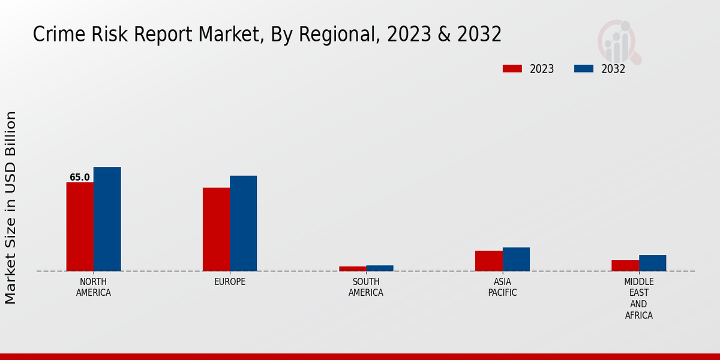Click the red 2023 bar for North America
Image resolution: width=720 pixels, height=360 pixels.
(x=80, y=226)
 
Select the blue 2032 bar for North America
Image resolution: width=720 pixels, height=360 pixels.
(x=107, y=219)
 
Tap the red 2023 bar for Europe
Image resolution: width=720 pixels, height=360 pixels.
(x=216, y=229)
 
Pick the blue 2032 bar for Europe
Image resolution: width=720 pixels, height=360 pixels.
(x=243, y=223)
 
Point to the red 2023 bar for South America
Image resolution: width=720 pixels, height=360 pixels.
(x=352, y=268)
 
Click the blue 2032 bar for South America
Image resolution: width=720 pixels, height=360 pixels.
(x=380, y=268)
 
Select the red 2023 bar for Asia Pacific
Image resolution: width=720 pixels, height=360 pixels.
(x=488, y=260)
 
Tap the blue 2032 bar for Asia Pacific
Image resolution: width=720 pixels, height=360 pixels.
(x=516, y=259)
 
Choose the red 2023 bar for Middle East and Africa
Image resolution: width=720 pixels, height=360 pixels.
(x=625, y=265)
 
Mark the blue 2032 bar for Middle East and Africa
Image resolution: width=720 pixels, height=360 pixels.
(x=652, y=263)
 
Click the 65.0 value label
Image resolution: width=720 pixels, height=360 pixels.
(x=80, y=178)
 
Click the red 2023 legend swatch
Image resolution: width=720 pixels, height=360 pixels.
(x=512, y=68)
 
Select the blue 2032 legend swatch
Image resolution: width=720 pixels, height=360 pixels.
(x=583, y=68)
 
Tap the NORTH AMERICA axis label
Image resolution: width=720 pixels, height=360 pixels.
(x=93, y=287)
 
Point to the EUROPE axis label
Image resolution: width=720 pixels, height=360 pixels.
(x=230, y=282)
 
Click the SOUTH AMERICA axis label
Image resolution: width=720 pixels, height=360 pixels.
(x=366, y=287)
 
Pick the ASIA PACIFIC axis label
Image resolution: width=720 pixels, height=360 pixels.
(x=502, y=287)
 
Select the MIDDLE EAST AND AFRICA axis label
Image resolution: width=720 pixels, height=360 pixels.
(x=638, y=298)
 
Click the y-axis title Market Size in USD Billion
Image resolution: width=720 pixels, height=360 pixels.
(x=11, y=207)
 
